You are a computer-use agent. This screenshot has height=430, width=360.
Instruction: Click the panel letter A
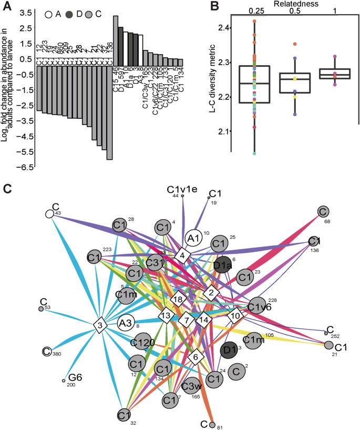point(8,6)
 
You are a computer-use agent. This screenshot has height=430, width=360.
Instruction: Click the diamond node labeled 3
point(99,325)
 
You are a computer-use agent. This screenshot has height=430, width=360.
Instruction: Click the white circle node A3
point(126,323)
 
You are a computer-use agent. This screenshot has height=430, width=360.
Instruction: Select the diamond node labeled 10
point(235,315)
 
